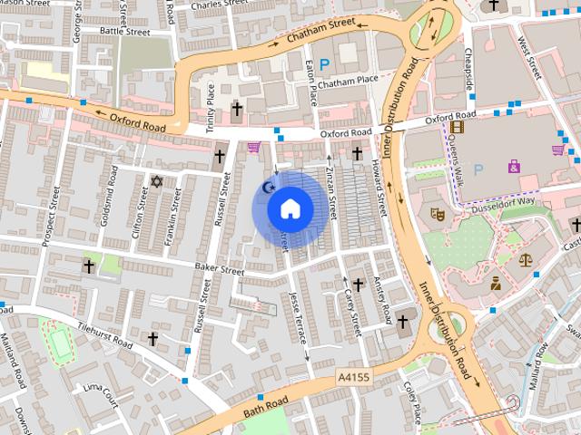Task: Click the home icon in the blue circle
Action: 289,209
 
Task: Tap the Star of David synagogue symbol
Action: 155,182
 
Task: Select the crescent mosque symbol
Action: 267,187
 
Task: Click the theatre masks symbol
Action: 436,215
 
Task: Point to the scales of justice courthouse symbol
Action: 526,259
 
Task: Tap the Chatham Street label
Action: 320,32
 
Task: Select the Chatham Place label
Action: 348,81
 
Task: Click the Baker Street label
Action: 220,269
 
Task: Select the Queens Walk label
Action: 458,166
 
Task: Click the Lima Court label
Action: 101,392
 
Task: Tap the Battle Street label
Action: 124,30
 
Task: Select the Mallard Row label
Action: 540,349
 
